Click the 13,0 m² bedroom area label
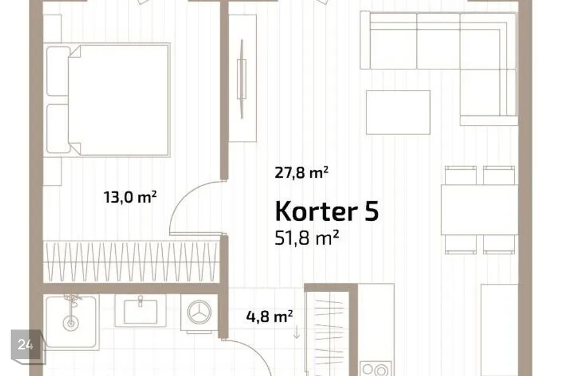click(130, 197)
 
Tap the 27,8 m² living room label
click(301, 173)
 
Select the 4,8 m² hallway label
click(270, 317)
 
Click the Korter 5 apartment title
click(327, 211)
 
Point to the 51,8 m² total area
click(307, 238)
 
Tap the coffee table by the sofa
click(398, 112)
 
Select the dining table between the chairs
click(479, 209)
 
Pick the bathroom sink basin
click(140, 311)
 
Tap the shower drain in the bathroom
click(71, 323)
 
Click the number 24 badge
click(26, 345)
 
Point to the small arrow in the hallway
click(296, 331)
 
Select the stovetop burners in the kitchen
click(376, 369)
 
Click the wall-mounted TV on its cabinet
click(241, 79)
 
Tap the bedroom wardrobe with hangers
click(131, 261)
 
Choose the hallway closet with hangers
click(328, 331)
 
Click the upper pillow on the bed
click(58, 71)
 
